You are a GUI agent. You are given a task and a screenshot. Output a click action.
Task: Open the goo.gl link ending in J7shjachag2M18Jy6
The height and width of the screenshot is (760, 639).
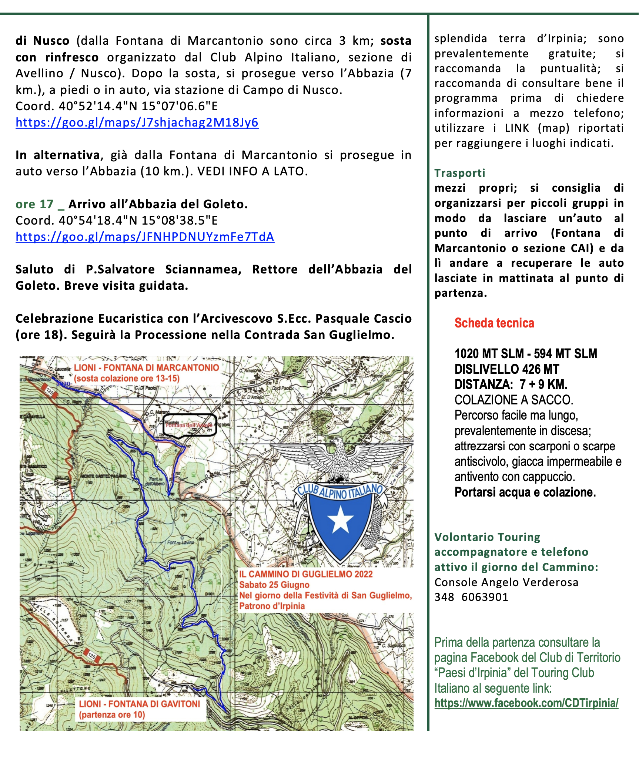coord(137,122)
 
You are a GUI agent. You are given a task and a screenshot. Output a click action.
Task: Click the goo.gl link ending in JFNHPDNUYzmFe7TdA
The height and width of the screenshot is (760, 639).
coord(145,237)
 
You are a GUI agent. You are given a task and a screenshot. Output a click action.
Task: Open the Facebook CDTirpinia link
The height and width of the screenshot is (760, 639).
coord(526,703)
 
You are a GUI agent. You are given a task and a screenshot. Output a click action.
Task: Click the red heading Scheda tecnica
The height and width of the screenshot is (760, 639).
coord(494,323)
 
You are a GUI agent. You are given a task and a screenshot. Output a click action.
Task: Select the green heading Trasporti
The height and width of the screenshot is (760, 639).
coord(460,173)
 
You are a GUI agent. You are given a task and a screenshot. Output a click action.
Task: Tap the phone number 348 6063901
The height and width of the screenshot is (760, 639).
coord(471,597)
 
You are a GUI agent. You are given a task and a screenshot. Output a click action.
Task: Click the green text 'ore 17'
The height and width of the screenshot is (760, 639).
coord(34,204)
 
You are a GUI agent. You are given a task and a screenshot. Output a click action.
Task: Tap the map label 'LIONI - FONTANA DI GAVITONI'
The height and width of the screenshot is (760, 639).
coord(140,704)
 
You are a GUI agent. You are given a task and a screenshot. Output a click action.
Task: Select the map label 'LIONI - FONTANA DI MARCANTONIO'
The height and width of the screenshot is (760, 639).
coord(146,368)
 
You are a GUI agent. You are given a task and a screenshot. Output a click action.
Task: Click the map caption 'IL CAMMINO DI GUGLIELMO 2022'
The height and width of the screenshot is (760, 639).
coord(306,574)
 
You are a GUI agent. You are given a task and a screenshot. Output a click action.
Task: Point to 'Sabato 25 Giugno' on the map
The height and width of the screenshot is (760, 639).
coord(274,585)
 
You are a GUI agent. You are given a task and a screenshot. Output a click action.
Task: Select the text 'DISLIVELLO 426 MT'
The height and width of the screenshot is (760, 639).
coord(507,369)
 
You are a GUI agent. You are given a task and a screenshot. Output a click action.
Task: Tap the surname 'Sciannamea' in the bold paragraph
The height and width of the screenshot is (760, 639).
coord(203,269)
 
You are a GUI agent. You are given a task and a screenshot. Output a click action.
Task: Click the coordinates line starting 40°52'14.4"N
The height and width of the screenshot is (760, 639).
coord(117,106)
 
